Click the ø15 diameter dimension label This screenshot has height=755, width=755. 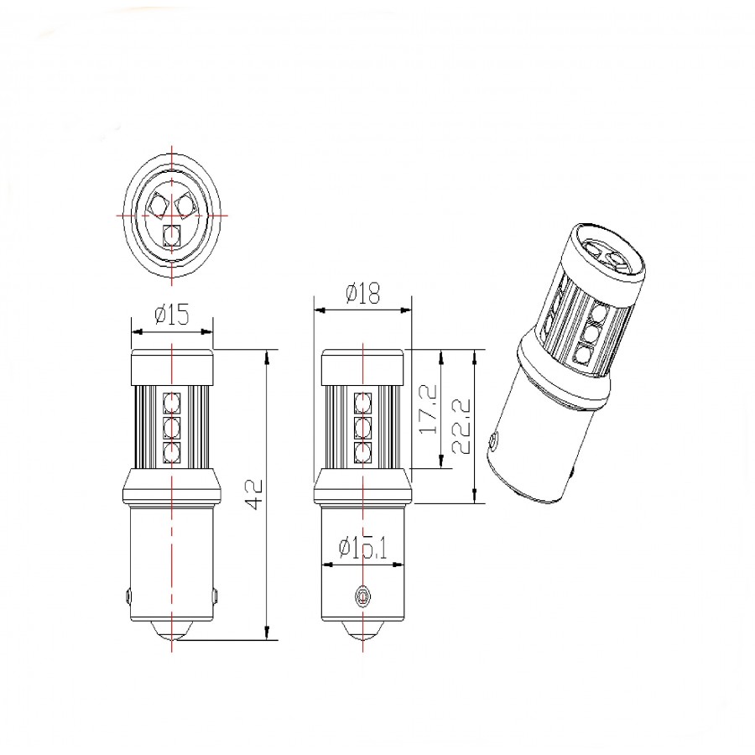(x=171, y=315)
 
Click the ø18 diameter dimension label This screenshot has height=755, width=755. (x=362, y=294)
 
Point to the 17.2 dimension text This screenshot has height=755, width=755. (x=429, y=409)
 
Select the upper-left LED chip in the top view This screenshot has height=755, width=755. (x=159, y=202)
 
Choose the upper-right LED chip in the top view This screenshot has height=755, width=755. (x=185, y=202)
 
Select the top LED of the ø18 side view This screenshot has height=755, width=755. (x=362, y=400)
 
